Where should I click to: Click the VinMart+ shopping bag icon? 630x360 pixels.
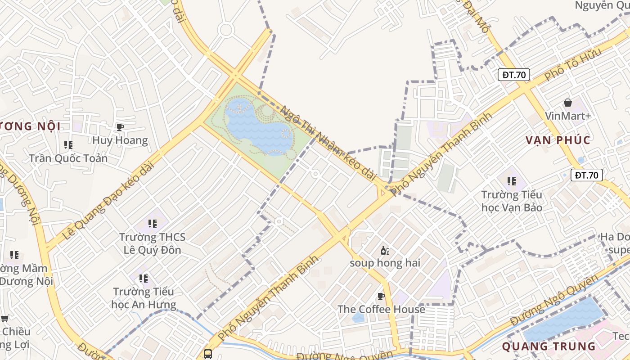point(568,103)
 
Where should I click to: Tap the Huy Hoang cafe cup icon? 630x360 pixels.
point(120,127)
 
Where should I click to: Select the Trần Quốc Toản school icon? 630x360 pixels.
point(68,145)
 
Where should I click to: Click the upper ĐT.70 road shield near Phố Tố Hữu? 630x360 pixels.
point(513,75)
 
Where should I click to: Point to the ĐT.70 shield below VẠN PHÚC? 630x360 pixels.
point(586,175)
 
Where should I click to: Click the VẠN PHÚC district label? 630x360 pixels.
point(558,140)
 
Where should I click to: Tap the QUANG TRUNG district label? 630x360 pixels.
point(548,346)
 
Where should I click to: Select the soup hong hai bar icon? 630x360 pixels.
point(385,251)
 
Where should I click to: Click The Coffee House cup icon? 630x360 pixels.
point(381,296)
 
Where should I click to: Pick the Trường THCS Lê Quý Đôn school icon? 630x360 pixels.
point(152,223)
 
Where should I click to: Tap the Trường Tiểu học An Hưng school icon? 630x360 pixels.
point(143,279)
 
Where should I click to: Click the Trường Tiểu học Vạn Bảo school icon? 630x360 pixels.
point(512,181)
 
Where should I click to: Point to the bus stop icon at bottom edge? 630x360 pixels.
point(207,354)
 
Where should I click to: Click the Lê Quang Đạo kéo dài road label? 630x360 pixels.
point(108,200)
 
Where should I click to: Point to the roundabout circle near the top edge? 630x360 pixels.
point(225,30)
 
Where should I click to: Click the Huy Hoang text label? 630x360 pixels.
point(120,140)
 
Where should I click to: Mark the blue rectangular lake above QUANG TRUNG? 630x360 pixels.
point(565,320)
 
